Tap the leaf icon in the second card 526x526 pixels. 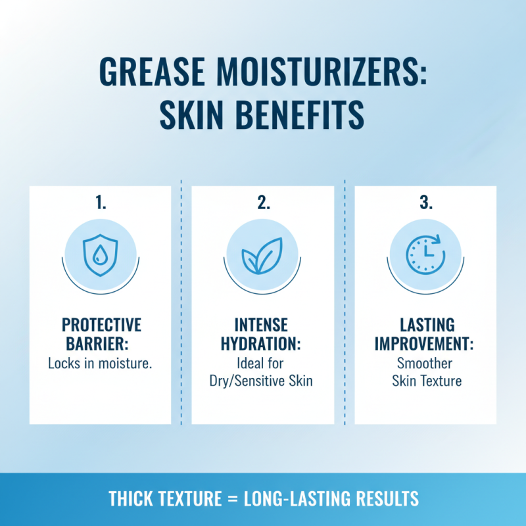point(263,254)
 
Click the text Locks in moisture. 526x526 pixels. point(100,363)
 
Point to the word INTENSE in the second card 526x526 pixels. point(263,326)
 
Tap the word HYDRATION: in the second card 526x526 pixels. point(263,345)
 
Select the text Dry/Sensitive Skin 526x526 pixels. point(263,381)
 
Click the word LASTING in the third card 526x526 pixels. point(425,326)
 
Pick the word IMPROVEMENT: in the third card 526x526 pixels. point(425,345)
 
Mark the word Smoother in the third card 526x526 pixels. point(425,363)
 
